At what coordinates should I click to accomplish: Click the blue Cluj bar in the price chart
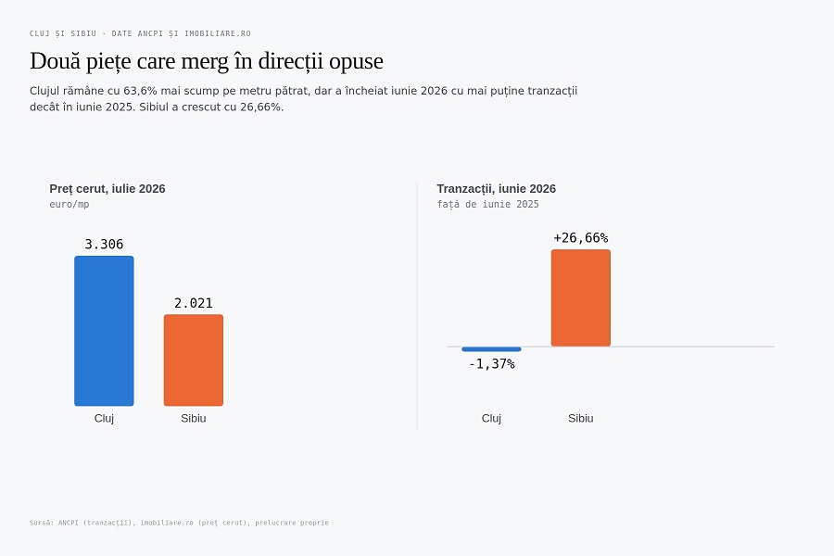click(x=104, y=331)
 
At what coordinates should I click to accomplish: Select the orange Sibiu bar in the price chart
click(x=194, y=360)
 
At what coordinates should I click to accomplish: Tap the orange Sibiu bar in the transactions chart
click(x=581, y=298)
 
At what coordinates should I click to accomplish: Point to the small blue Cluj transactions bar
click(x=491, y=349)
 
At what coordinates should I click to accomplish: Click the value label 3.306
click(x=104, y=245)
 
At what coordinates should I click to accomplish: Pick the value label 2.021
click(x=194, y=303)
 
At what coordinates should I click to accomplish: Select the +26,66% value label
click(x=581, y=238)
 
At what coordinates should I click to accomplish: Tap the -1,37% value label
click(x=491, y=364)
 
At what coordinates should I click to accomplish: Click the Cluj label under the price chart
click(x=104, y=418)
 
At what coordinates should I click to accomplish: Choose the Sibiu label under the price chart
click(x=194, y=418)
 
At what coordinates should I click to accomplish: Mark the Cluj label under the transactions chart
click(x=491, y=418)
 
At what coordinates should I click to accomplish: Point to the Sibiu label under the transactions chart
click(x=581, y=418)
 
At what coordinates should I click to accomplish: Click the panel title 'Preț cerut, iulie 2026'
click(x=107, y=189)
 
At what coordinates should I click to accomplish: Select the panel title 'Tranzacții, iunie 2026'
click(x=497, y=189)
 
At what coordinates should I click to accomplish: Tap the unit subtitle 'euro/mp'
click(x=69, y=204)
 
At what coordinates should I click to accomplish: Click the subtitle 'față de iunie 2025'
click(x=487, y=204)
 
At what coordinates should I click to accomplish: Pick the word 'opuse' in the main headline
click(x=356, y=62)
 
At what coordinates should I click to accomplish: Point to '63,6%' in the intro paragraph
click(x=140, y=91)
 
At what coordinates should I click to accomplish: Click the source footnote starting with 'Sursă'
click(x=179, y=523)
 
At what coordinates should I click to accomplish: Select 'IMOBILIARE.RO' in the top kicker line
click(x=218, y=33)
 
